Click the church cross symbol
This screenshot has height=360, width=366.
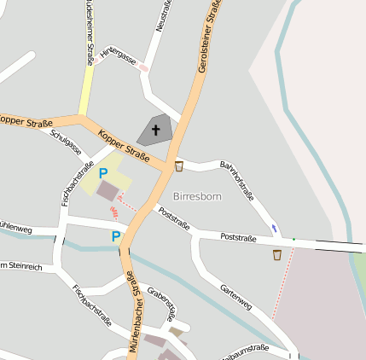[x=156, y=131]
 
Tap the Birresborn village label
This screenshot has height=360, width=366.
[x=196, y=196]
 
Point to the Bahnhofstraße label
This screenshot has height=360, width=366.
[x=237, y=180]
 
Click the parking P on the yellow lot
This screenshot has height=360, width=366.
[x=103, y=173]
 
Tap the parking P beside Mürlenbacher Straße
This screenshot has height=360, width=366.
[x=115, y=236]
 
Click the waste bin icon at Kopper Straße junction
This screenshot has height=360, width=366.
[x=179, y=165]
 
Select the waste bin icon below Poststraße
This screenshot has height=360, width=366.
[x=277, y=254]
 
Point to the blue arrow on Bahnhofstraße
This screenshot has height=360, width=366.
[x=274, y=228]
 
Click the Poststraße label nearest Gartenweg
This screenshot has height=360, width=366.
[x=238, y=237]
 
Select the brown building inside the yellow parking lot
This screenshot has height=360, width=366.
[x=108, y=191]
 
